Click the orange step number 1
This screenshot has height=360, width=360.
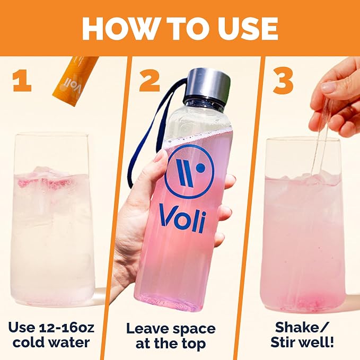coord(22,81)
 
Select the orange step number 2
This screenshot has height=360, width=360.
coord(149,81)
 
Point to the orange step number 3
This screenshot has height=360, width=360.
coord(283,81)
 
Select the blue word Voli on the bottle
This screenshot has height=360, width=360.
coord(183,218)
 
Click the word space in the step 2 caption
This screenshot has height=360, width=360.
coord(194,329)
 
